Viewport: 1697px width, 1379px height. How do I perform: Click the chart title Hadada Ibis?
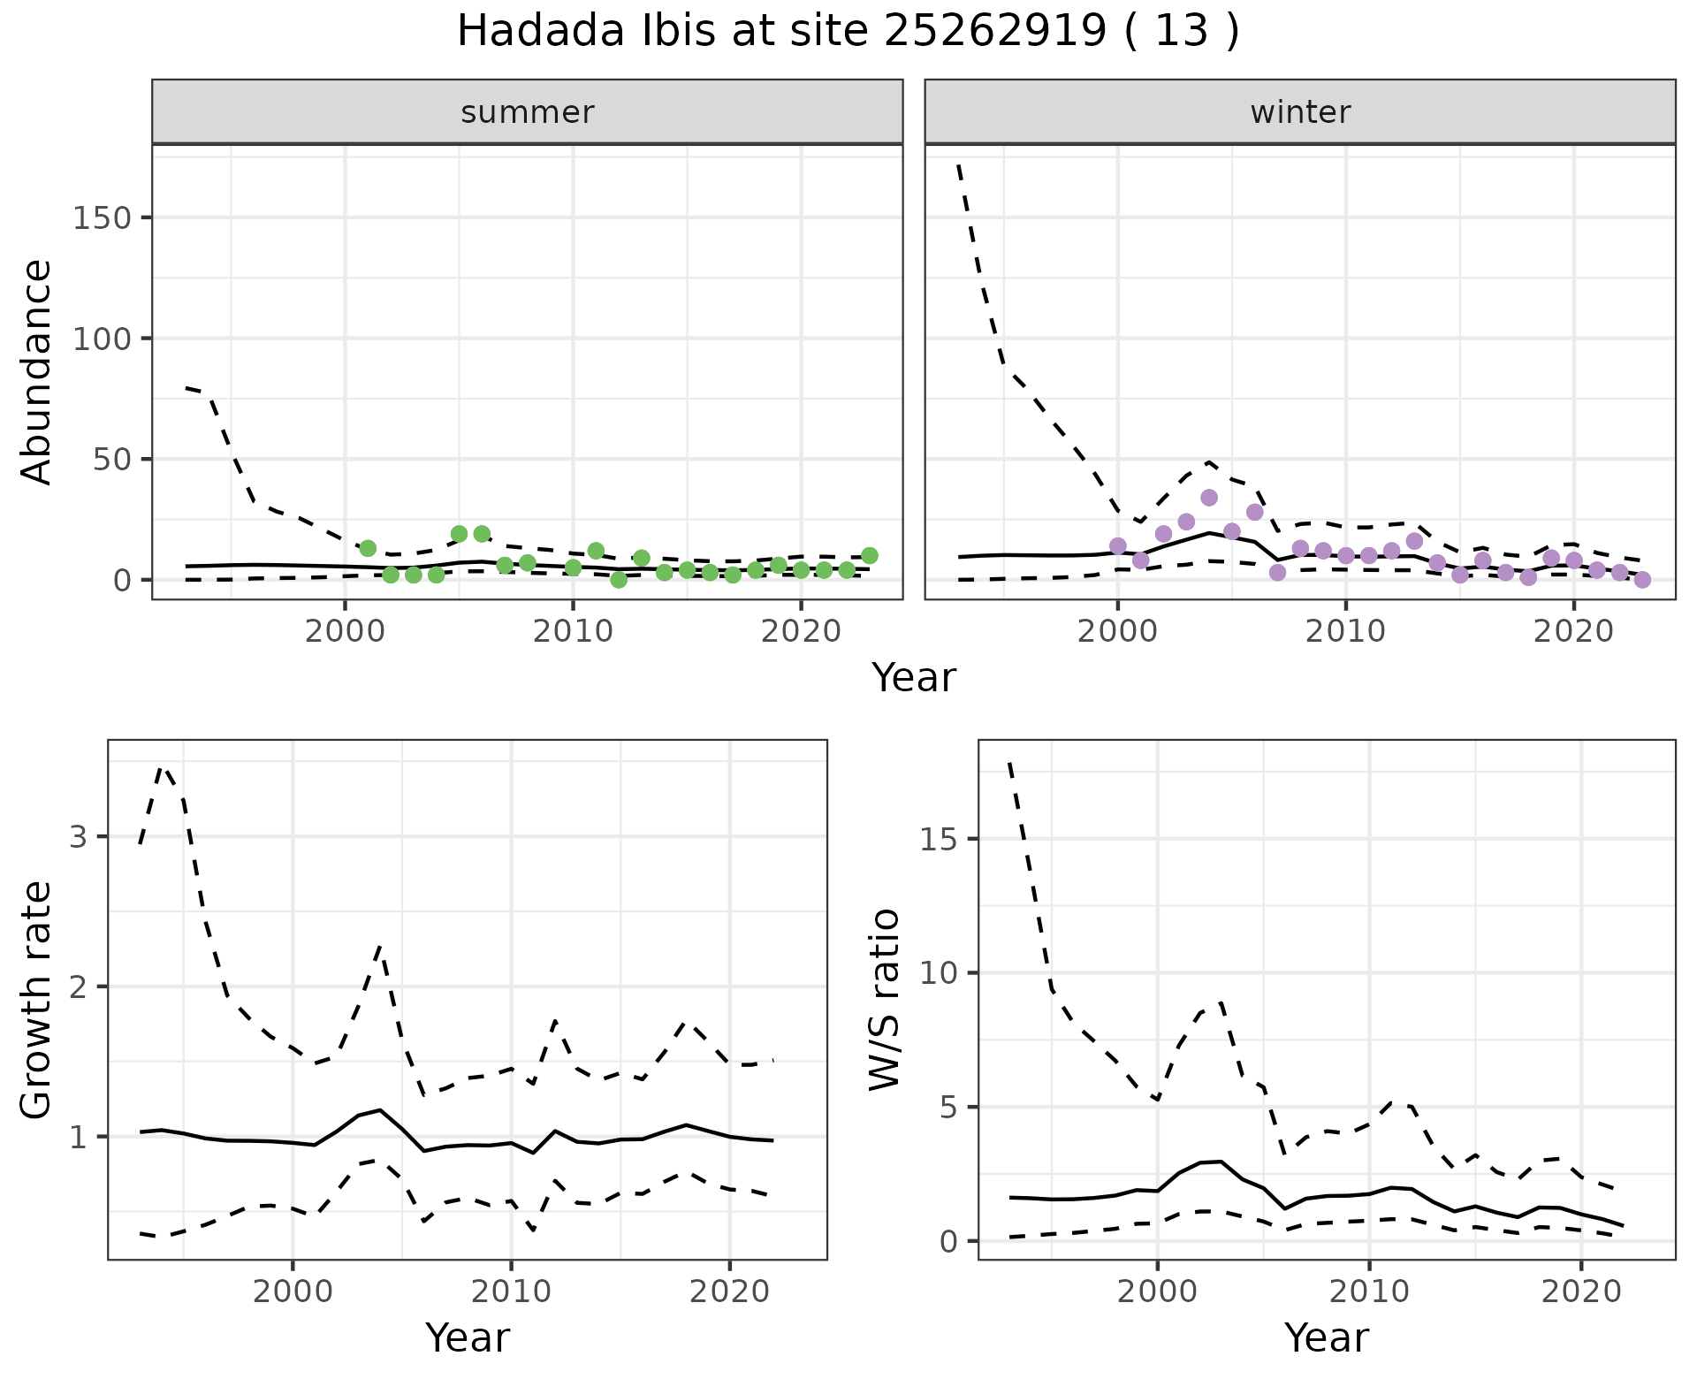coord(848,32)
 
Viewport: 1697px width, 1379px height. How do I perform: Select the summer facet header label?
coord(528,112)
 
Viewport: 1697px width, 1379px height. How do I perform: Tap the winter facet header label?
coord(1300,112)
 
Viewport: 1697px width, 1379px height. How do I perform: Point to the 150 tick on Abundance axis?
coord(102,217)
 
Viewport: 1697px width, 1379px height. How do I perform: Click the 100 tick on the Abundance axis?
coord(102,339)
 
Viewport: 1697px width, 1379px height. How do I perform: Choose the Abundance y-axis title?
coord(37,371)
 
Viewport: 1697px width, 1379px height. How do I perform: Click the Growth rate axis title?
coord(37,999)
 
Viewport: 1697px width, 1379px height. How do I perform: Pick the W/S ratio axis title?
coord(884,999)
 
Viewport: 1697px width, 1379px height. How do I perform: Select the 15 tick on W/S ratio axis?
coord(939,839)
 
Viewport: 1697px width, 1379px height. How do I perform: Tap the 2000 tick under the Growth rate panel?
coord(293,1291)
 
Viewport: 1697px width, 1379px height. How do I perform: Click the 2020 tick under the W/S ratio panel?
coord(1581,1291)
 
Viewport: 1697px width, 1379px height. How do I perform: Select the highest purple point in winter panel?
coord(1209,498)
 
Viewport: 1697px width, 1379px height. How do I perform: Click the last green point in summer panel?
coord(870,555)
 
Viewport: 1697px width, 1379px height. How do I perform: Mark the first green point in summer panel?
coord(368,548)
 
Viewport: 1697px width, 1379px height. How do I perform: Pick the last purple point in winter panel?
coord(1642,580)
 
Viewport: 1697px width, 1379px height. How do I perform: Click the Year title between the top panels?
coord(914,678)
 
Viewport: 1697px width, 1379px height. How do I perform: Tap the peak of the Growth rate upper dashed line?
coord(162,767)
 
